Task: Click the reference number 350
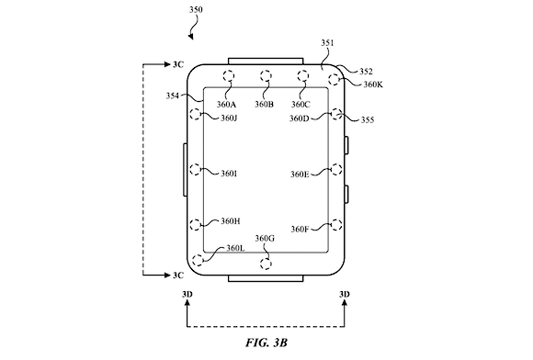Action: point(196,9)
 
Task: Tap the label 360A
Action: point(226,104)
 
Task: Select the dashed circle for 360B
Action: point(266,75)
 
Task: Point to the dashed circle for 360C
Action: point(303,75)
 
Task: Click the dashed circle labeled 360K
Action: point(335,80)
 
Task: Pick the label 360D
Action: point(300,118)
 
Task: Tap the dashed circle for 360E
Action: point(336,169)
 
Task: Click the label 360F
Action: point(300,230)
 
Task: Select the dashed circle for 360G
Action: point(266,264)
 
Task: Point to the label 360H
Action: point(231,221)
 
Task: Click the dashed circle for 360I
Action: point(196,169)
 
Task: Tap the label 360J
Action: point(229,118)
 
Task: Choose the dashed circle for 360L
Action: point(198,260)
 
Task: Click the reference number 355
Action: point(367,120)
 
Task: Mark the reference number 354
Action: point(173,96)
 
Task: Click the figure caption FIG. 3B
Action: point(266,343)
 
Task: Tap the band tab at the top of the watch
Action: point(266,62)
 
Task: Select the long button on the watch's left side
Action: point(186,170)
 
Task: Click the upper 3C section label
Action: point(178,64)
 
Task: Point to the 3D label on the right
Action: point(345,294)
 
